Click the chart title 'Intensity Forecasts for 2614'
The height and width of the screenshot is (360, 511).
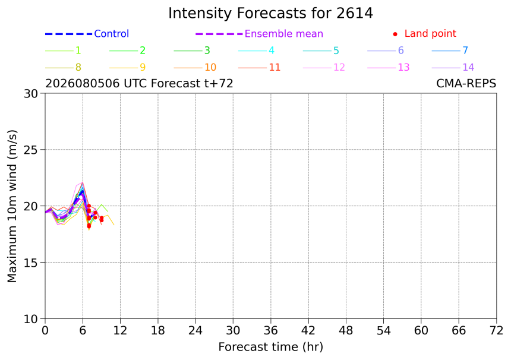pos(270,14)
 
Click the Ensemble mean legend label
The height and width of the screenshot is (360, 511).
pos(284,33)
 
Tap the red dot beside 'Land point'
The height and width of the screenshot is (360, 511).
pos(395,34)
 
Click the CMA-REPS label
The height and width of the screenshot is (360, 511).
pos(466,83)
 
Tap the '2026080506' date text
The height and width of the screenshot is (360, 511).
pos(83,83)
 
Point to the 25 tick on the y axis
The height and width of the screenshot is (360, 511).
pos(31,150)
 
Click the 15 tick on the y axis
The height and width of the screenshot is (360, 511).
pos(31,263)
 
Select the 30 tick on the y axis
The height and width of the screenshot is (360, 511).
pos(31,93)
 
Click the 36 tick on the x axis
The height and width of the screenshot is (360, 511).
pos(270,331)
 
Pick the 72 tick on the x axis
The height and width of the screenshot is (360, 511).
pos(496,331)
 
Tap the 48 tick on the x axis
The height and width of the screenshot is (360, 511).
pos(346,331)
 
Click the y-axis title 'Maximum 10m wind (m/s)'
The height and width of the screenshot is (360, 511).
pos(12,206)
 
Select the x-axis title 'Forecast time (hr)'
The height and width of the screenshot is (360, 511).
pos(270,347)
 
